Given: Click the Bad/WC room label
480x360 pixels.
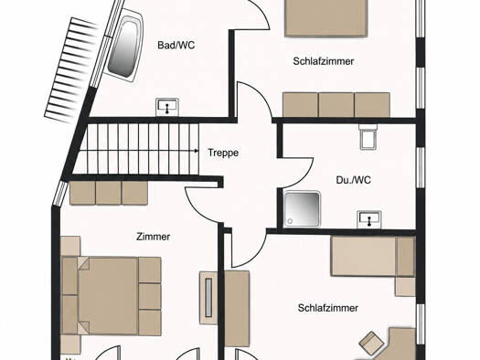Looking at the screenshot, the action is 176,46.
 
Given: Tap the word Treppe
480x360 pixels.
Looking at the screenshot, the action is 223,153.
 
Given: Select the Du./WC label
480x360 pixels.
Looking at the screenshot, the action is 353,180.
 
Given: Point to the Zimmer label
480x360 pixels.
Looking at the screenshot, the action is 153,237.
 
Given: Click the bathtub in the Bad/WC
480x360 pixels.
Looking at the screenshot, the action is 125,46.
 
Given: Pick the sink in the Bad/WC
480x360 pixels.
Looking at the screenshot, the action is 167,107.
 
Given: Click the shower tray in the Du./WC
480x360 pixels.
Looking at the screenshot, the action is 302,209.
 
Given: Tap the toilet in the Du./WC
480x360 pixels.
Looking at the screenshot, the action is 368,137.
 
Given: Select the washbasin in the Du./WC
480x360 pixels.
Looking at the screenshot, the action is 369,219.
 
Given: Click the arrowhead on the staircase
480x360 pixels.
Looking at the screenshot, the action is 197,151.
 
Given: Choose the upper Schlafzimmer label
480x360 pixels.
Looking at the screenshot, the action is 324,61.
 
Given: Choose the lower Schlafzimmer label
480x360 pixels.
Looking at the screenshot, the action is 328,308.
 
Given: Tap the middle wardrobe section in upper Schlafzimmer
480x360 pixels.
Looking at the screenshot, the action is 336,105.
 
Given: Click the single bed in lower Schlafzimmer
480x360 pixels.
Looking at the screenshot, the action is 373,257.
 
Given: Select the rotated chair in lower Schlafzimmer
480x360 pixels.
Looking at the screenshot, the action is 371,344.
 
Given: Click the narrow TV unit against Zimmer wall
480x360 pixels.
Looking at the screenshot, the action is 208,298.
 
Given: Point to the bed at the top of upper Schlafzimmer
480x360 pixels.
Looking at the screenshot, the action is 326,17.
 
